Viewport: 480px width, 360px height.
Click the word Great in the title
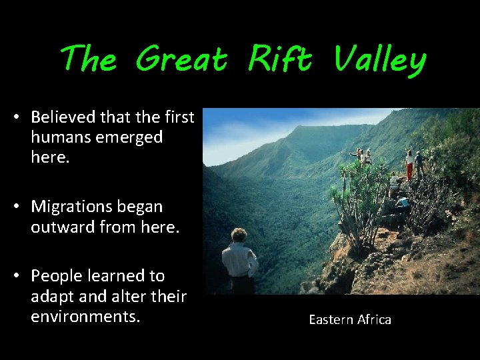tap(181, 60)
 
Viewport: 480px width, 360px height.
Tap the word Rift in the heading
tap(279, 60)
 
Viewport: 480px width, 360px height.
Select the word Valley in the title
tap(379, 60)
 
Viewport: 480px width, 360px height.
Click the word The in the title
tap(87, 60)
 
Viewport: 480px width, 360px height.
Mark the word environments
tap(85, 315)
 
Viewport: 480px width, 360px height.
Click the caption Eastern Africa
tap(350, 320)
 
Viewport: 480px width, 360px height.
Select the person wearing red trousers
tap(409, 166)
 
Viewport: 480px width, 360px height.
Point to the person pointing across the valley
tap(359, 157)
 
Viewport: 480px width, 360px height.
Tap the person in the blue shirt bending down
tap(403, 203)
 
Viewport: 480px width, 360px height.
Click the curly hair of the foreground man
tap(238, 235)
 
